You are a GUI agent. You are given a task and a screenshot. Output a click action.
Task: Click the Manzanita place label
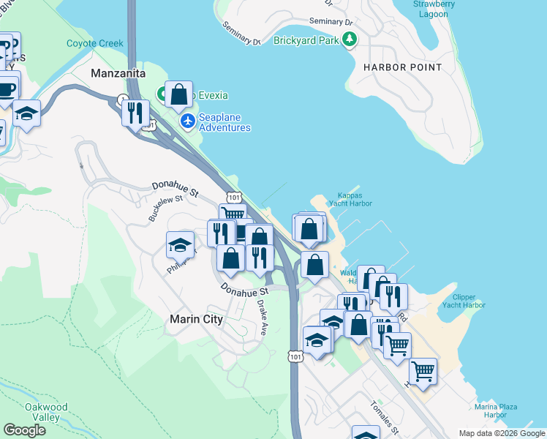point(118,74)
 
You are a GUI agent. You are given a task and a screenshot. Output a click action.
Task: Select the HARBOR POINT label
point(402,67)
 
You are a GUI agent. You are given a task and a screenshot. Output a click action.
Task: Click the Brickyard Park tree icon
point(350,40)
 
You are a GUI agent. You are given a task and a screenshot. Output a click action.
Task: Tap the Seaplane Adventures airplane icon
point(188,121)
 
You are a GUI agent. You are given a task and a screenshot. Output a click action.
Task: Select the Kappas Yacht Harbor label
point(355,200)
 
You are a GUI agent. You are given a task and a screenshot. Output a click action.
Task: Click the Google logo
point(25,430)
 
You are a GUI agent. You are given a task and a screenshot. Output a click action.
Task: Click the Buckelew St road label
point(162,209)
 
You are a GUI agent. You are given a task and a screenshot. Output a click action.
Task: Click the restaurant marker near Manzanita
point(135,113)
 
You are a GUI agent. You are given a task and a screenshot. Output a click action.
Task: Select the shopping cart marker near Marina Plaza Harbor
point(423,371)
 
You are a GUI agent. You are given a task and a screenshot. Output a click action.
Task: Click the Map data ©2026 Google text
point(502,432)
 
